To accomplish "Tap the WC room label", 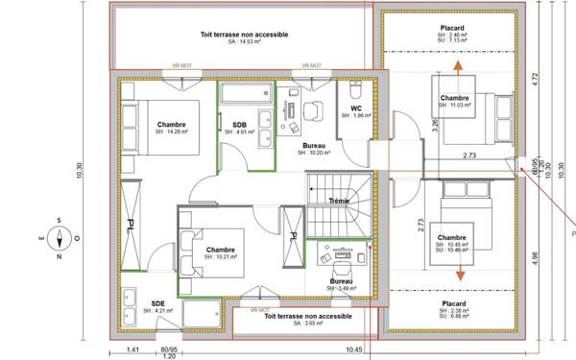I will coord(355,109).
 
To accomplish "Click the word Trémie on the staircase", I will coord(339,201).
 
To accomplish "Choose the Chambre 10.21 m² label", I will coord(221,252).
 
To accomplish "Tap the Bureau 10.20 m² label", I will coord(315,147).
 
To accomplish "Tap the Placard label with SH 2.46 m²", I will coord(453,29).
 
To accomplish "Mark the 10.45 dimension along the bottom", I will coord(355,349).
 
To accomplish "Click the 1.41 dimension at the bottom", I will coord(133,349).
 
